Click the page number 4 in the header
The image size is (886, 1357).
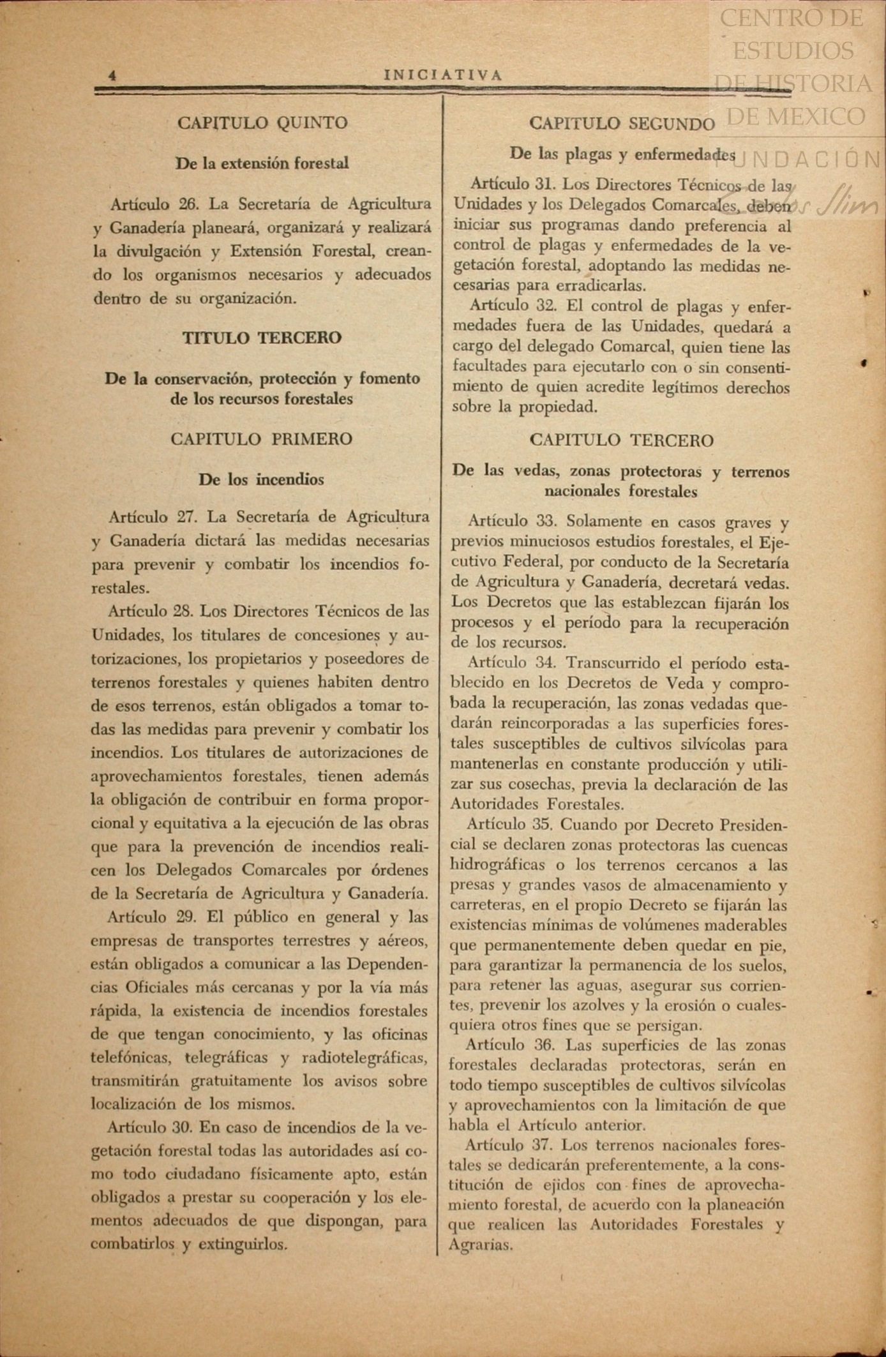coord(112,75)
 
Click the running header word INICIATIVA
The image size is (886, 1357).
coord(443,75)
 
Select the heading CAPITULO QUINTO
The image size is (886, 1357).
coord(262,123)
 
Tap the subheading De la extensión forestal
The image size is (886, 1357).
coord(262,163)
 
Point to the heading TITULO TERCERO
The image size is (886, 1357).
coord(262,338)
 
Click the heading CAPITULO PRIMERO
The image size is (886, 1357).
coord(261,439)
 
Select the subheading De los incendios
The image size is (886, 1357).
coord(261,479)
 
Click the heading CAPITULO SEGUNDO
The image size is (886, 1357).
coord(622,123)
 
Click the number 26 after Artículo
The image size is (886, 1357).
coord(190,204)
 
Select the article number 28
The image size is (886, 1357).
coord(183,611)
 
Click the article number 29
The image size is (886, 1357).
coord(186,917)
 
